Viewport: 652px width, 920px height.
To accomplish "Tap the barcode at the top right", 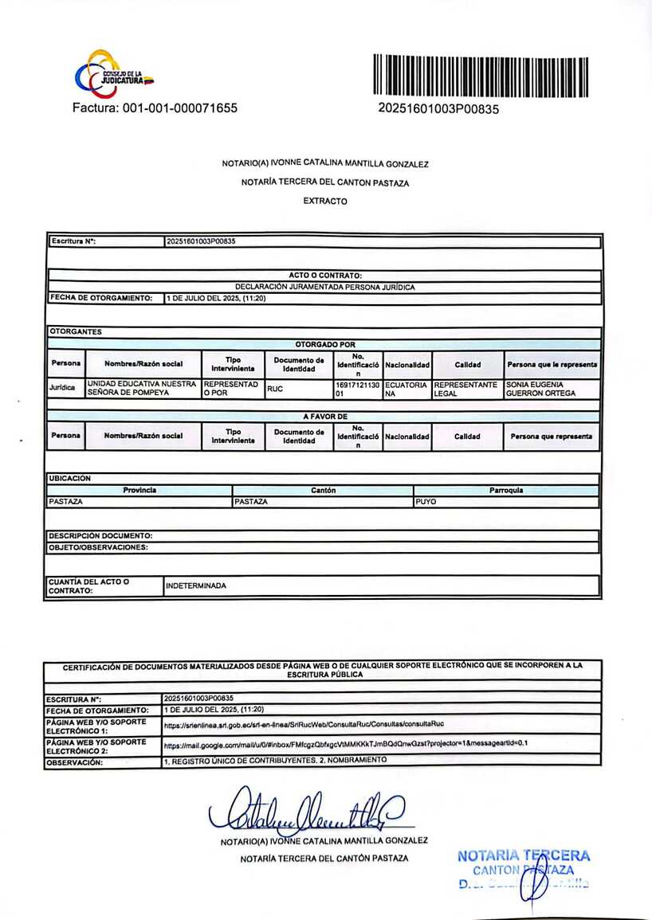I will click(480, 76).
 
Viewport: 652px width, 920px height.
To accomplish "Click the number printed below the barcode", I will click(438, 109).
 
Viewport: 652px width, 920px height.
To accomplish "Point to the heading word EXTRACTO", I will click(325, 202).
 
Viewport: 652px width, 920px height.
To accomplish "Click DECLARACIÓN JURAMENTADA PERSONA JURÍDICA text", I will click(325, 287).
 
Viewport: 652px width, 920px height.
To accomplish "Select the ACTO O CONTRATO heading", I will click(325, 276).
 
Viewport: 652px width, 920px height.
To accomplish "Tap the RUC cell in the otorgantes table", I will click(276, 389).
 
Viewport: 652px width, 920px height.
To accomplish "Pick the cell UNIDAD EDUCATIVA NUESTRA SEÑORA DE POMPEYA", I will click(142, 389).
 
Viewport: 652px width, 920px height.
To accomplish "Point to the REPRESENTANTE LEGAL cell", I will click(466, 389).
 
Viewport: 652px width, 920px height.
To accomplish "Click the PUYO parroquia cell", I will click(426, 503).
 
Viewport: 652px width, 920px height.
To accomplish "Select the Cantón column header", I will click(323, 491).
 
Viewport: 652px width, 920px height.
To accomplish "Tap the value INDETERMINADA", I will click(196, 585).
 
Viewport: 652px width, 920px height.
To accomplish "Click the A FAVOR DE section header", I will click(325, 416).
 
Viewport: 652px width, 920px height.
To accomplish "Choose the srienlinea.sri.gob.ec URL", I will click(303, 725).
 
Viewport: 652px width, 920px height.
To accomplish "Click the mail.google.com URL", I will click(346, 744).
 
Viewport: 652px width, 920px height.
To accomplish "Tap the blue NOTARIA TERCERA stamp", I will click(524, 869).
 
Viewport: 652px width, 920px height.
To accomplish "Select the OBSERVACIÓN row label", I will click(75, 761).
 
